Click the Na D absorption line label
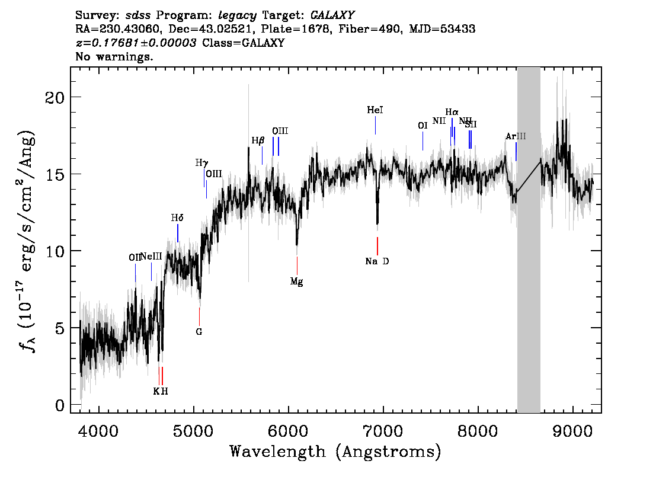377,261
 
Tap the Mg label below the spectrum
296,282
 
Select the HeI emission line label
375,110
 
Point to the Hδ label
177,218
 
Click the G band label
199,332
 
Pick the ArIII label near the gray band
516,136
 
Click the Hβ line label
258,140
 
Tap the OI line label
423,126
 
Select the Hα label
452,111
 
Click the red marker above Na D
377,245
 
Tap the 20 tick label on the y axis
55,97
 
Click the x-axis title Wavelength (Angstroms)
335,452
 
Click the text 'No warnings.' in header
114,57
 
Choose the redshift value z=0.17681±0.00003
137,43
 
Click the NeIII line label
151,256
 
